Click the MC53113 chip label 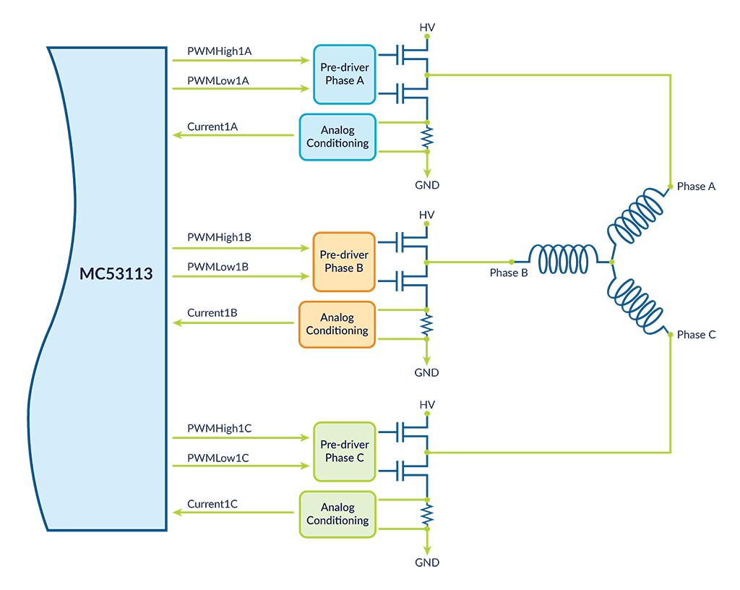point(116,275)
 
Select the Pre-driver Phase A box point(344,74)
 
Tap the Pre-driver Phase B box point(344,261)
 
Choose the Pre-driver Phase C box point(344,450)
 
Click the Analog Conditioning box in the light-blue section point(337,137)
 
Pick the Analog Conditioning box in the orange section point(337,324)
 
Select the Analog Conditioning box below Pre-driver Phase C point(337,514)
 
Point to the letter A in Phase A point(360,80)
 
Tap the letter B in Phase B point(360,268)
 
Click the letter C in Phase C point(360,458)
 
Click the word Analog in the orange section point(337,317)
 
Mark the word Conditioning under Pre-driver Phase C point(337,521)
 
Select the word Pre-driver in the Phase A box point(344,67)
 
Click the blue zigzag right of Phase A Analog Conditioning point(436,136)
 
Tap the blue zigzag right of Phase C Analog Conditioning point(436,513)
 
